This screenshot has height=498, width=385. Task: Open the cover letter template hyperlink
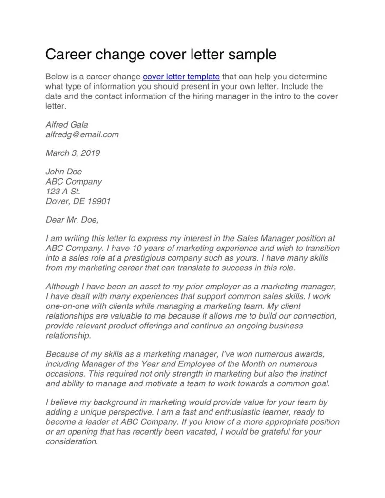181,77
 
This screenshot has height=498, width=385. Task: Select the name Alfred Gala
67,125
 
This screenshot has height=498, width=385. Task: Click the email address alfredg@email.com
82,134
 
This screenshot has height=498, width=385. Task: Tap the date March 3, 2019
73,153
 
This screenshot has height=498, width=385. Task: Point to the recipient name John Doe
64,172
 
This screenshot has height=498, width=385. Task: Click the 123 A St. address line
63,192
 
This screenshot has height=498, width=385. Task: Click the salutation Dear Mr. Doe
72,220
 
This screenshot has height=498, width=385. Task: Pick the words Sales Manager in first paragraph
262,239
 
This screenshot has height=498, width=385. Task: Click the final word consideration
72,441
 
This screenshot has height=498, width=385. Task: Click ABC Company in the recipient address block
74,182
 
